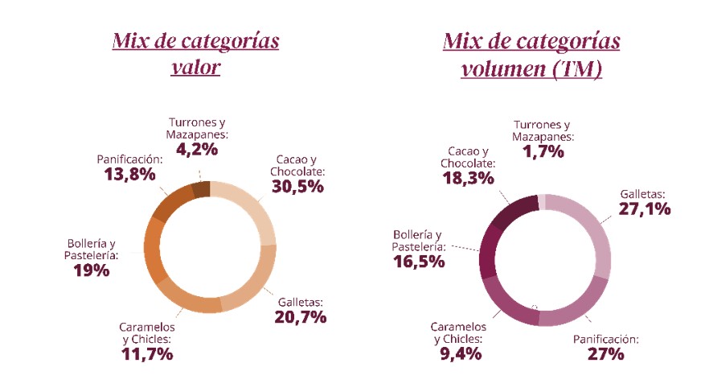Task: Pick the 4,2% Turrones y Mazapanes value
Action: (x=196, y=148)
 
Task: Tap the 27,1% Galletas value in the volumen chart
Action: (x=644, y=208)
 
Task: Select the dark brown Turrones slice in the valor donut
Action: (x=203, y=188)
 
